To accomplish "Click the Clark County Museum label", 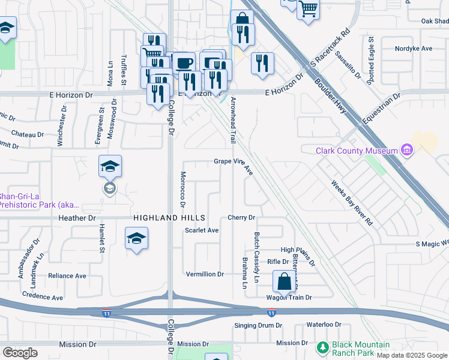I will (357, 151).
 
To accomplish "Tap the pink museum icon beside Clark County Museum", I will (406, 149).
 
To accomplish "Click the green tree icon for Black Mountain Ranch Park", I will (323, 347).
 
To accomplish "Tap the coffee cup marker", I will (184, 63).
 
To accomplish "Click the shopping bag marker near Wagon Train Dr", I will (284, 281).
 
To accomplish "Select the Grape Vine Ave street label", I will (234, 161).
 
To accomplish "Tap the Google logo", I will (20, 353).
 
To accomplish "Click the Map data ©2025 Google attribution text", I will (412, 355).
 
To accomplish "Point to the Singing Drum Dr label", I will (258, 325).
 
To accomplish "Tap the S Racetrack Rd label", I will (327, 51).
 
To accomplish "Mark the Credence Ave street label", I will (42, 296).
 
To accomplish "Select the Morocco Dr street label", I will (182, 190).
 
